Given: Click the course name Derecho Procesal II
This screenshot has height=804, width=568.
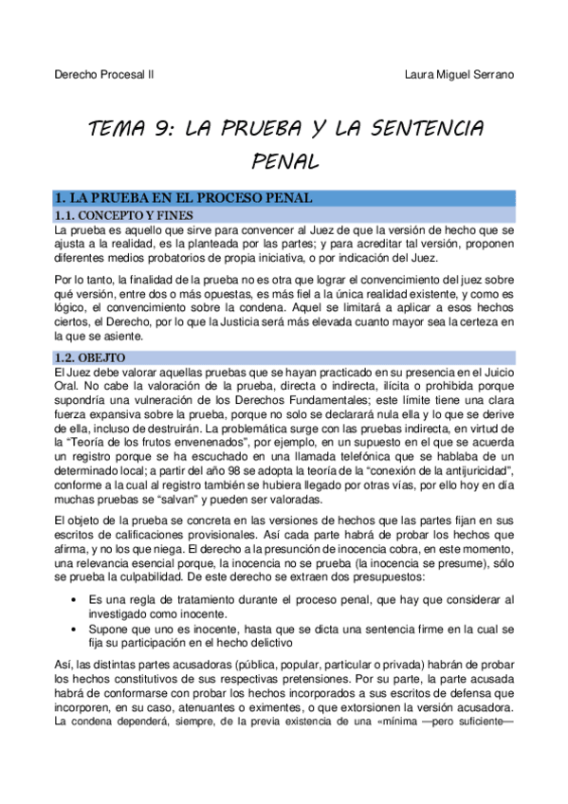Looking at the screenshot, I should (x=104, y=76).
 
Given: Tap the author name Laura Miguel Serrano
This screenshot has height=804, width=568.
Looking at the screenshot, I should (x=460, y=76).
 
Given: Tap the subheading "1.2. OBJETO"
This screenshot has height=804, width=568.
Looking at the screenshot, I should (x=92, y=356).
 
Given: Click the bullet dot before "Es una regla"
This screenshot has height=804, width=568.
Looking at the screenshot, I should (x=75, y=600).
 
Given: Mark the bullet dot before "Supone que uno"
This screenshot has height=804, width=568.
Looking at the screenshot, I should (x=75, y=629).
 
